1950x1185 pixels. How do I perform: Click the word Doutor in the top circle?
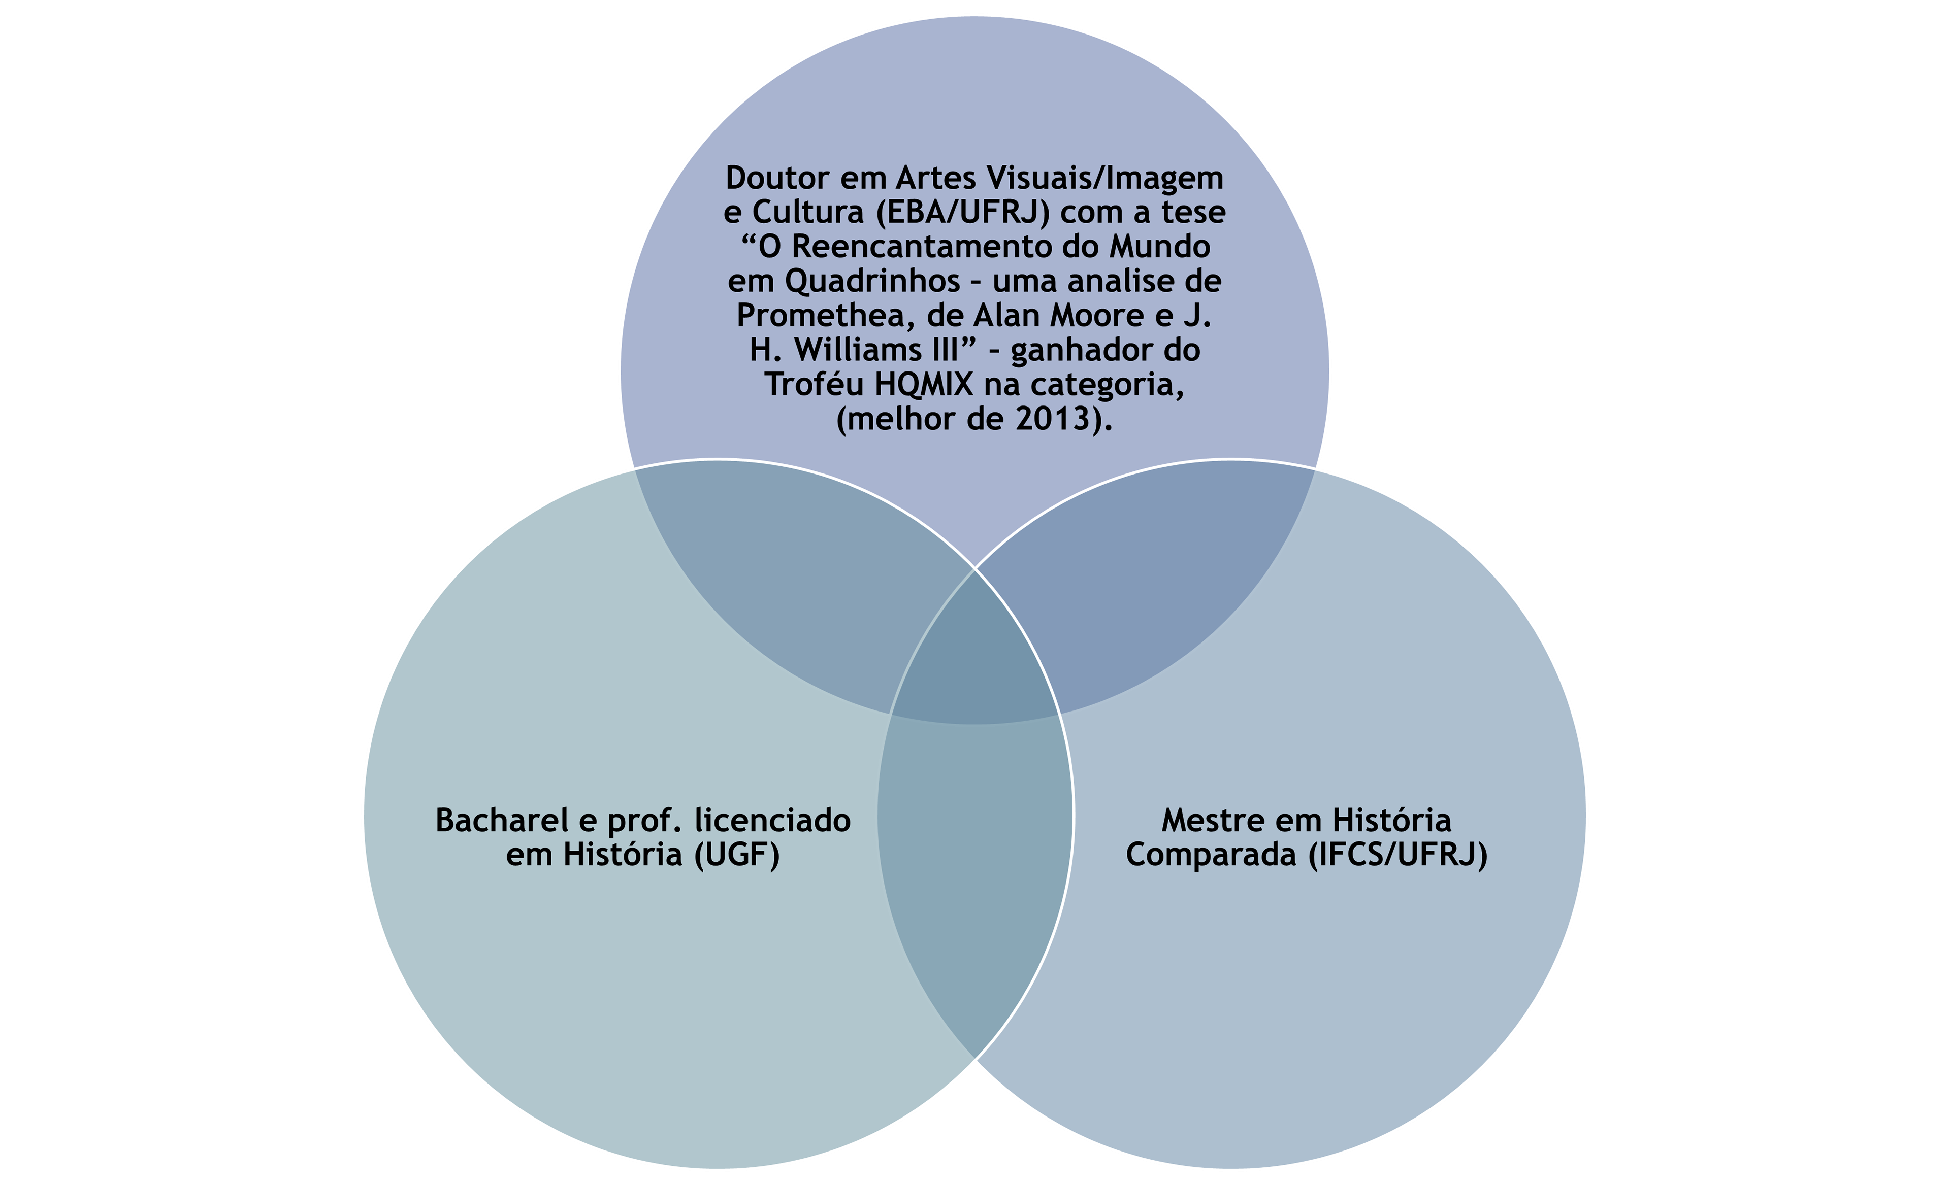777,178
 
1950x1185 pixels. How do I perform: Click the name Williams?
864,350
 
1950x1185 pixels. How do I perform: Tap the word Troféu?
815,385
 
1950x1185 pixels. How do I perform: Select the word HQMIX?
924,385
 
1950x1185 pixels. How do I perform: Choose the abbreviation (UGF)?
737,854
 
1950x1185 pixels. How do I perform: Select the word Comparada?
1211,854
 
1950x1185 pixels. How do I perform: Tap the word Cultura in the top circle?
807,213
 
